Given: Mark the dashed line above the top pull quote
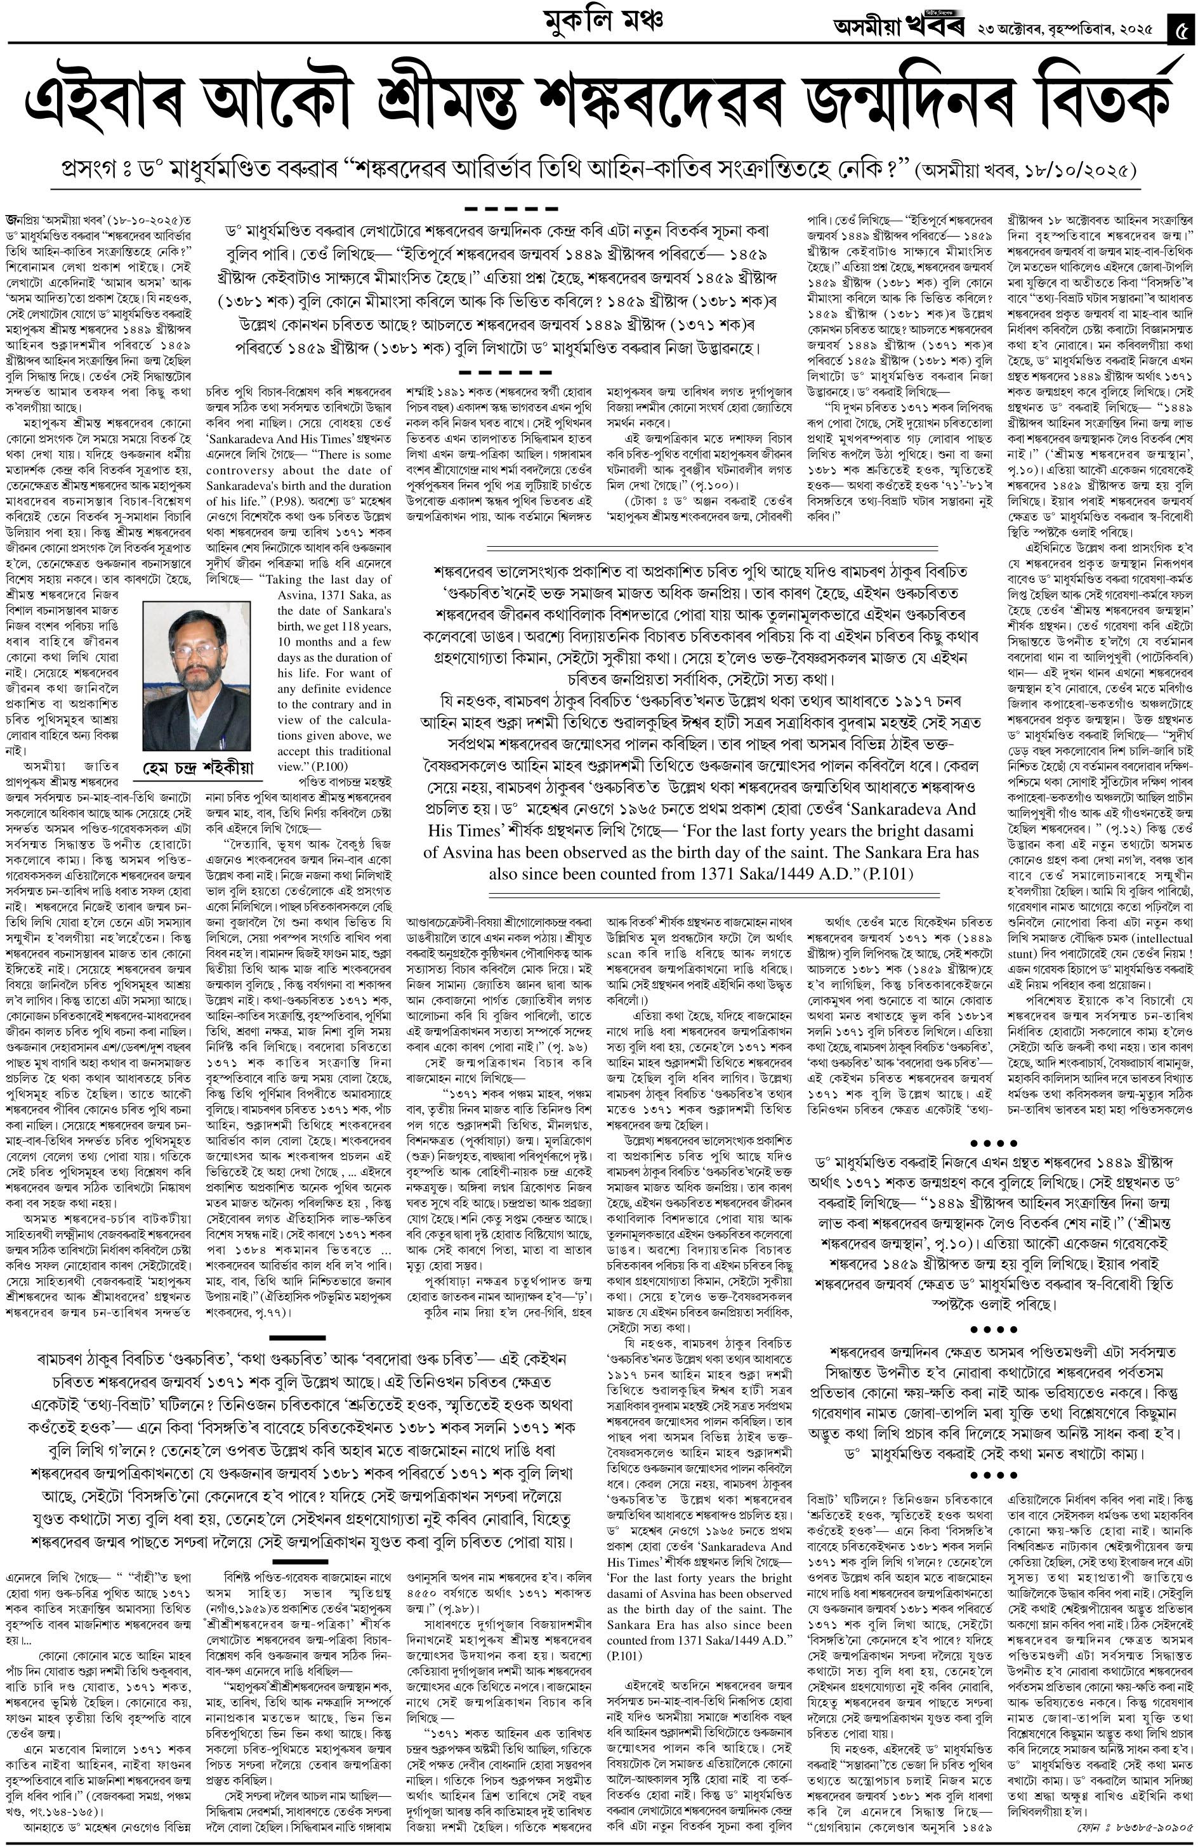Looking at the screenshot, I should pyautogui.click(x=511, y=209).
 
